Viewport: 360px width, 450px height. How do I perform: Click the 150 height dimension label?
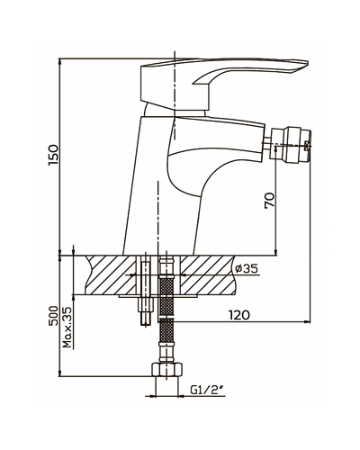click(x=52, y=155)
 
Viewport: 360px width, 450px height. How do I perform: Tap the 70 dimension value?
click(x=269, y=200)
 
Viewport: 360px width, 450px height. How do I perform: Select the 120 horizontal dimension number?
click(x=239, y=315)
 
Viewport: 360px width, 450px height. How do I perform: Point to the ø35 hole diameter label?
click(x=247, y=268)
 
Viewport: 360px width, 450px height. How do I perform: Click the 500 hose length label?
click(x=52, y=316)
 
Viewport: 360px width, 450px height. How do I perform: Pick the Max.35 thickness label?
click(x=68, y=328)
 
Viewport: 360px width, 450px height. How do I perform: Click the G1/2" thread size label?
click(x=207, y=390)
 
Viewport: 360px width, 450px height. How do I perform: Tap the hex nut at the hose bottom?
click(x=166, y=369)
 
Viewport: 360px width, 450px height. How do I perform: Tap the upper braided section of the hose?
click(x=166, y=297)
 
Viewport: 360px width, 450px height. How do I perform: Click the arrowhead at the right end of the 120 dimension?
click(x=307, y=322)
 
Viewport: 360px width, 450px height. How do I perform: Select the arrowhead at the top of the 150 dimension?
click(x=60, y=62)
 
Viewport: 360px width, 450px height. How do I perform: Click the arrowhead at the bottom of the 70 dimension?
click(x=276, y=252)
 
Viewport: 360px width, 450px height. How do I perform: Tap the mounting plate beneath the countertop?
click(x=158, y=296)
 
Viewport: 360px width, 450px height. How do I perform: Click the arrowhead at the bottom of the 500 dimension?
click(x=60, y=373)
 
